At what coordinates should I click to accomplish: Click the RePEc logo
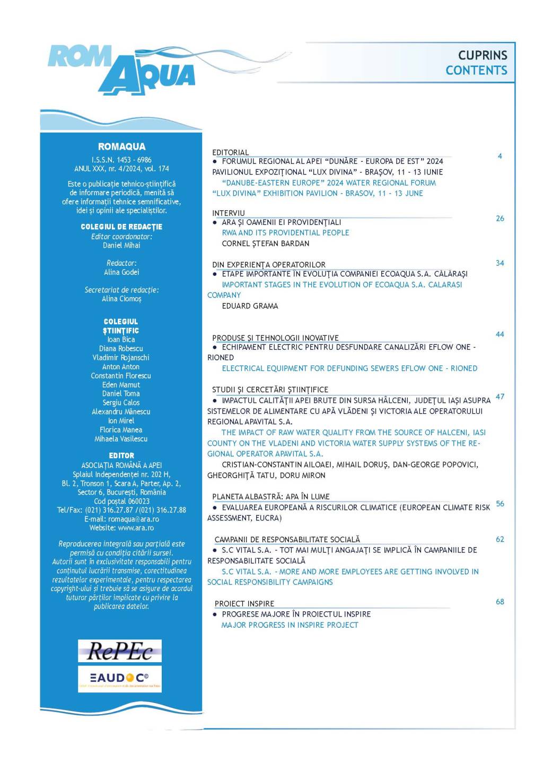click(120, 651)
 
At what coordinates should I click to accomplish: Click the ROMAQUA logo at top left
click(121, 70)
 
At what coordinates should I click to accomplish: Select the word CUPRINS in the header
click(483, 55)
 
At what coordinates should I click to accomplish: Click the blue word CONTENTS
click(476, 71)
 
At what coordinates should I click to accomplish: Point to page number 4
click(500, 156)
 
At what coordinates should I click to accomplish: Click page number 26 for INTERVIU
click(500, 219)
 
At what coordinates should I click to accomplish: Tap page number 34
click(500, 263)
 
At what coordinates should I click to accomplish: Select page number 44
click(500, 334)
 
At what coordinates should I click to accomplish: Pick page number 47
click(500, 396)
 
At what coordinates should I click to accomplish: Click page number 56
click(500, 504)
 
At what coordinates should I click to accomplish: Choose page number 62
click(500, 539)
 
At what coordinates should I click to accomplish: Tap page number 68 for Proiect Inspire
click(500, 602)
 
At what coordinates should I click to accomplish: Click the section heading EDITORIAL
click(230, 152)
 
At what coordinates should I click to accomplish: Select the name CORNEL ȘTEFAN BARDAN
click(265, 244)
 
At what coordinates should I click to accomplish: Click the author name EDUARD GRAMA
click(250, 306)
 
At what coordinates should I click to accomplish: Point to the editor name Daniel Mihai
click(121, 246)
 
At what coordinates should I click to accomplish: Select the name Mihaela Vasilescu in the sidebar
click(121, 439)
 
